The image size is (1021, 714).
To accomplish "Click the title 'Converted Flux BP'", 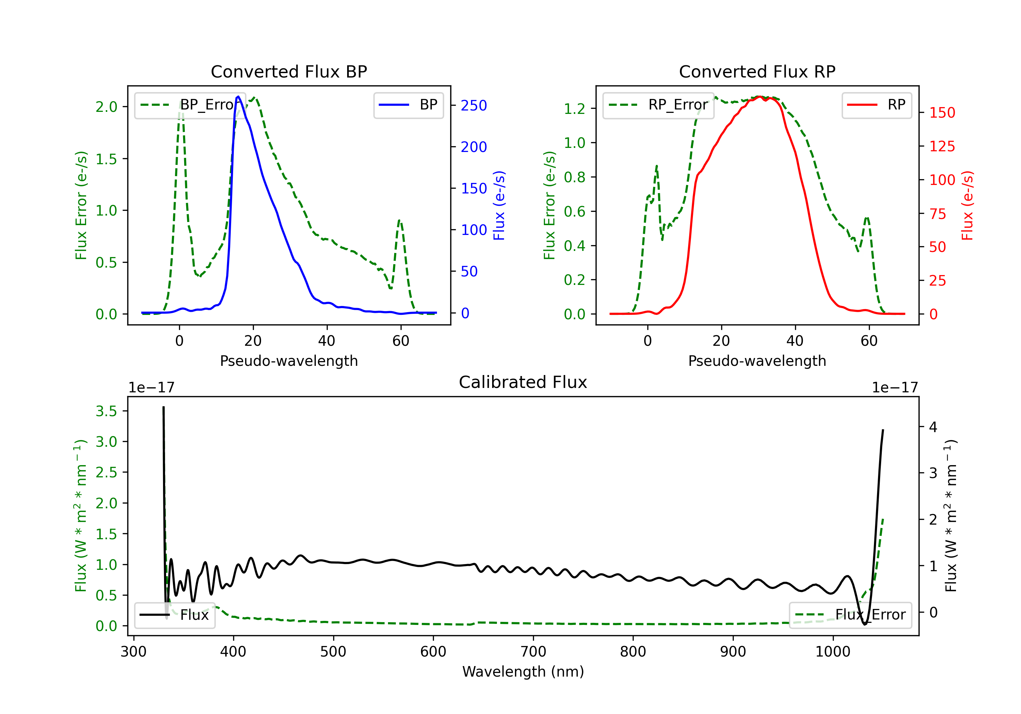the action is [289, 71].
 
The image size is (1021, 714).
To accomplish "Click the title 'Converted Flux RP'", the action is [757, 71].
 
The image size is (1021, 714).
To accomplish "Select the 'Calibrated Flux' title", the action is [523, 382].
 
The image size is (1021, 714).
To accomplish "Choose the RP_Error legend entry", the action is [658, 105].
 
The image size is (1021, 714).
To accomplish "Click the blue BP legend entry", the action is [408, 105].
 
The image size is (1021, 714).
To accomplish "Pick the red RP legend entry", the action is [876, 105].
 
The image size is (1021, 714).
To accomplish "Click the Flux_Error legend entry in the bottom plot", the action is [850, 615].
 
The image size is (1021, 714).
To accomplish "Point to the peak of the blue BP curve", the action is [238, 97].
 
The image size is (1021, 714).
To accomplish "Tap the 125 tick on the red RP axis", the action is [942, 146].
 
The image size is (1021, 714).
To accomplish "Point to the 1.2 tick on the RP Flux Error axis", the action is [574, 108].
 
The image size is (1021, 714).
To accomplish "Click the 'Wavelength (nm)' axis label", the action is [523, 671].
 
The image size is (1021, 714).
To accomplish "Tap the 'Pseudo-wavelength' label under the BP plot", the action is [289, 361].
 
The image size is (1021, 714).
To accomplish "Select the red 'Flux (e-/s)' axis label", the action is [967, 205].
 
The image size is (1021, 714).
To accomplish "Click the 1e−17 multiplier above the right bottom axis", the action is [895, 388].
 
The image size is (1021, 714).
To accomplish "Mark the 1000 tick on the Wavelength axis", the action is [832, 652].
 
